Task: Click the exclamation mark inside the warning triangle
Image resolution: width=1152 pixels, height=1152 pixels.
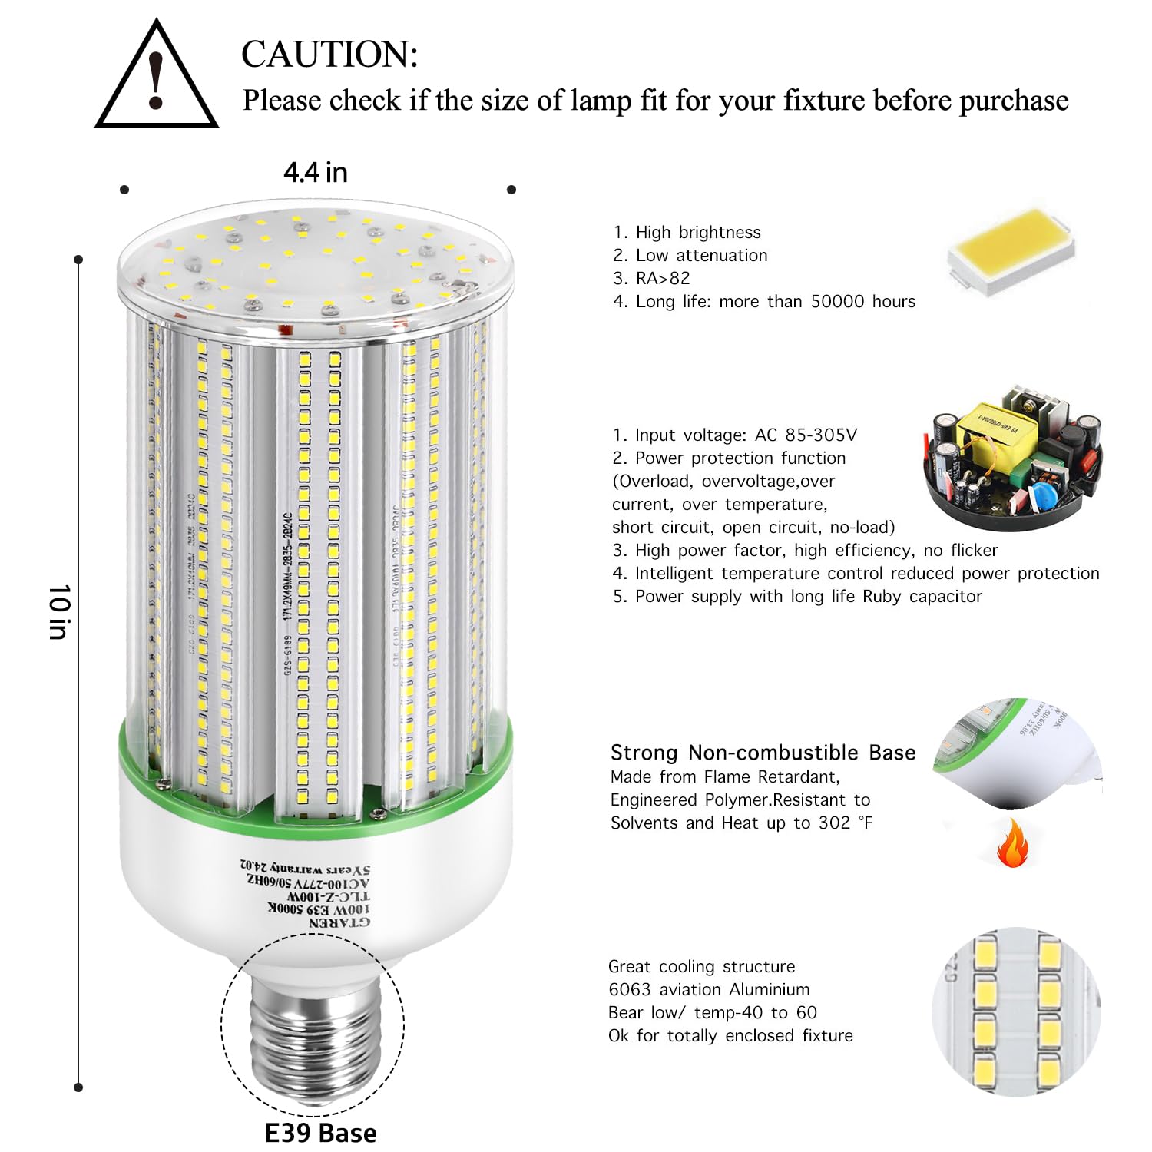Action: [x=157, y=81]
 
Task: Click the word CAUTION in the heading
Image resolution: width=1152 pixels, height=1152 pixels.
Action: [x=329, y=55]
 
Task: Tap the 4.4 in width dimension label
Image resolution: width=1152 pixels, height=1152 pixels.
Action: [x=316, y=173]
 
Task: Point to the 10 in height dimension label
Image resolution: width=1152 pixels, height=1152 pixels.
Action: [x=59, y=611]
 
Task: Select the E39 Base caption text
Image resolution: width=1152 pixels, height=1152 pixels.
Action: [x=320, y=1133]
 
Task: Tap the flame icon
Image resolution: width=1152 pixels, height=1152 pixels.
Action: [x=1013, y=843]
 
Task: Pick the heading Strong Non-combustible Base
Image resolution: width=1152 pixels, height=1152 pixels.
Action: [x=763, y=753]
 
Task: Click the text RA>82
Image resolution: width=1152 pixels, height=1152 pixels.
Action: [x=663, y=278]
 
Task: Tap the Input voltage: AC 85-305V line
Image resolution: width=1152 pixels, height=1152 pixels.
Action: [x=734, y=435]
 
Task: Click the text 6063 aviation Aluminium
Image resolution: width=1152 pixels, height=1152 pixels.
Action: [x=708, y=989]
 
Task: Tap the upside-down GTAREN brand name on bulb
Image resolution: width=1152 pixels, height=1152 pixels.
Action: [x=339, y=922]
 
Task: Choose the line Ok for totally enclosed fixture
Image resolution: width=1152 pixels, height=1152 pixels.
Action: [x=730, y=1035]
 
